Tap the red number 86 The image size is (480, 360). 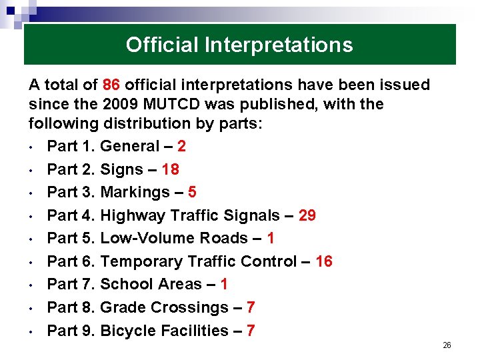[x=111, y=85]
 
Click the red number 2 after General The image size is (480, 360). [x=182, y=147]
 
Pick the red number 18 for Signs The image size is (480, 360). [x=171, y=169]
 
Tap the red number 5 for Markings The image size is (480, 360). [x=192, y=193]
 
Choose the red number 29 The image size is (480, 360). [x=307, y=215]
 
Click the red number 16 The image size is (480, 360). [x=324, y=261]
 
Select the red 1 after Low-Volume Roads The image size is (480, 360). [x=270, y=239]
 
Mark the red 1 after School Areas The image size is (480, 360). [x=224, y=285]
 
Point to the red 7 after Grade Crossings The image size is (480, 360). [x=251, y=307]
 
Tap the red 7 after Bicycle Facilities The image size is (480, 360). [x=251, y=331]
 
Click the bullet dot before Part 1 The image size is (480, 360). [x=31, y=147]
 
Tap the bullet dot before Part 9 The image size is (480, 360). [x=31, y=331]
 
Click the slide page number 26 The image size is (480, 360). [x=447, y=345]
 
